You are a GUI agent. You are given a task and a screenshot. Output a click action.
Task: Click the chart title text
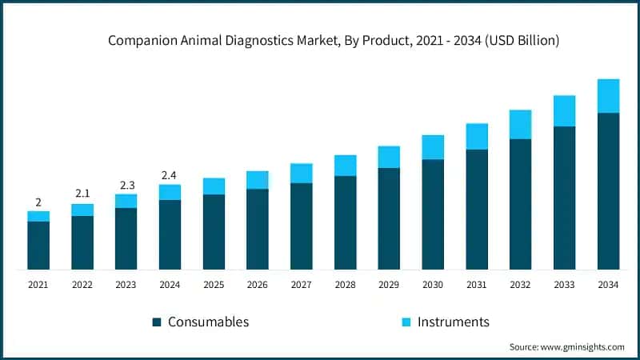(x=334, y=40)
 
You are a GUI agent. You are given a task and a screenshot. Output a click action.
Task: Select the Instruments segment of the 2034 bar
(x=608, y=96)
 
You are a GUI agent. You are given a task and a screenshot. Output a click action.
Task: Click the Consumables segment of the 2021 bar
(x=38, y=245)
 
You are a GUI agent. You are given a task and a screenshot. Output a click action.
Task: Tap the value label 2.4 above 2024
(x=170, y=174)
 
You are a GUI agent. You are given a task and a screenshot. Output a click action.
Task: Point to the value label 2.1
(x=82, y=194)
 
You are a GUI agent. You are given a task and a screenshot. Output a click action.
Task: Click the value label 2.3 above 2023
(x=126, y=185)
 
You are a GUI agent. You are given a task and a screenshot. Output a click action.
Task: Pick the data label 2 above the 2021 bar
(x=38, y=202)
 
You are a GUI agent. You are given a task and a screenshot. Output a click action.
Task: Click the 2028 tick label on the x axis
(x=345, y=284)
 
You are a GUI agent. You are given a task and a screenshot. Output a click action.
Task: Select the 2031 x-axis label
(x=477, y=284)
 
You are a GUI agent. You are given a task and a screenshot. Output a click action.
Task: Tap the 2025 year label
(x=214, y=284)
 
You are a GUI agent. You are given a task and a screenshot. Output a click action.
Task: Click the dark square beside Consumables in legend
(x=157, y=322)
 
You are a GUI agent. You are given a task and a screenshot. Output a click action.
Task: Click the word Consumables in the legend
(x=208, y=322)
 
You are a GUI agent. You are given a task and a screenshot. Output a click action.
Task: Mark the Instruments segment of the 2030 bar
(x=433, y=147)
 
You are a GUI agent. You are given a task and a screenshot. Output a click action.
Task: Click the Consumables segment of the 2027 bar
(x=302, y=226)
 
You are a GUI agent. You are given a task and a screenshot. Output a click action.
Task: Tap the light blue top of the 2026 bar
(x=258, y=180)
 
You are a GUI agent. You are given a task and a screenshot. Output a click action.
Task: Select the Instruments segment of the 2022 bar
(x=82, y=210)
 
